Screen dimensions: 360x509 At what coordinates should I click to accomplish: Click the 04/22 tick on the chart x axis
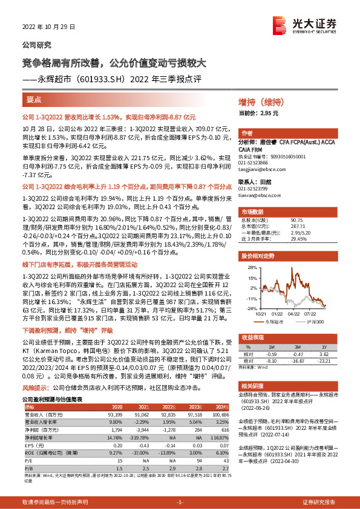click(293, 313)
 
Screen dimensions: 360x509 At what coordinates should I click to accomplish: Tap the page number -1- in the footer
click(180, 501)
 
